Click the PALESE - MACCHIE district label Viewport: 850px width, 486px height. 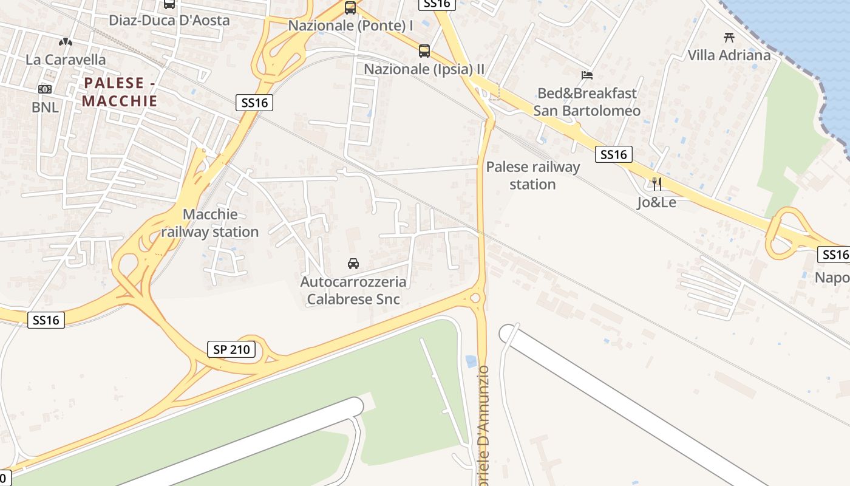(x=120, y=92)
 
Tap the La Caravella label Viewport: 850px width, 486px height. (x=66, y=60)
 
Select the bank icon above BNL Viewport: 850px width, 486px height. (x=45, y=89)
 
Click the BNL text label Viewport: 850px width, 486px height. (x=46, y=108)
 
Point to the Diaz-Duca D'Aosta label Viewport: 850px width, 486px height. (x=169, y=20)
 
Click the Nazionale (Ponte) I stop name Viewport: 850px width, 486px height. (x=350, y=26)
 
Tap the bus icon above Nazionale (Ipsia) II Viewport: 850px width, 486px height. (x=424, y=51)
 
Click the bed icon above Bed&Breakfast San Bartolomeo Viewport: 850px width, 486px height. (x=587, y=75)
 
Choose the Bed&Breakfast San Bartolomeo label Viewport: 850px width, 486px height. (x=587, y=102)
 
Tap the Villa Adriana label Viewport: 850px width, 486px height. (x=729, y=55)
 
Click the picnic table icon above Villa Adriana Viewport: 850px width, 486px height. (x=729, y=37)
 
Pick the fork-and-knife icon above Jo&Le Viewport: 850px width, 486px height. (x=656, y=183)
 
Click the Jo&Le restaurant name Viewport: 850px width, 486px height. (x=656, y=202)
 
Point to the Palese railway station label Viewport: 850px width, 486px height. (x=532, y=176)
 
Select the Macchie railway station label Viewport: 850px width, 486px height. (x=210, y=223)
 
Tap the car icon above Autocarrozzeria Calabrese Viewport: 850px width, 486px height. (x=353, y=264)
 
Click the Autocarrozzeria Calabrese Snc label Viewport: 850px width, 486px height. (x=353, y=290)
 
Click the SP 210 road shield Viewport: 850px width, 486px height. (x=231, y=349)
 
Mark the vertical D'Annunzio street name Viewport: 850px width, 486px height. (x=483, y=425)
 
